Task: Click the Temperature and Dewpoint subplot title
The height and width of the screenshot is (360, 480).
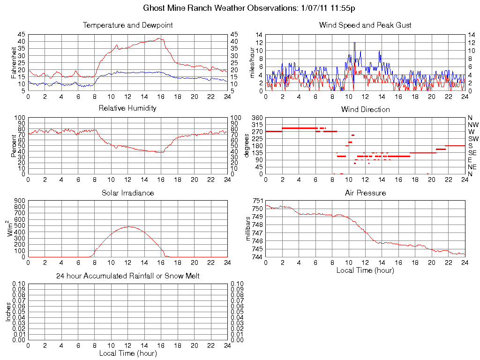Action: click(x=127, y=25)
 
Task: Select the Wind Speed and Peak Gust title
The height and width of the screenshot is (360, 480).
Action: click(x=365, y=25)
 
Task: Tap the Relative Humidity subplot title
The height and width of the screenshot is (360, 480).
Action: click(x=127, y=108)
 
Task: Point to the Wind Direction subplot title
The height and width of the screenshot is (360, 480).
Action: click(x=365, y=109)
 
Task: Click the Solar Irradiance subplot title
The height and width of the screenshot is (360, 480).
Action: click(x=127, y=193)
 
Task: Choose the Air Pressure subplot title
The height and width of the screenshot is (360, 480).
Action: click(x=365, y=193)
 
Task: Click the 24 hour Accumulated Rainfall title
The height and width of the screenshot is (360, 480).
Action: click(x=127, y=276)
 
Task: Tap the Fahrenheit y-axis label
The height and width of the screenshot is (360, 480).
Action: click(x=14, y=62)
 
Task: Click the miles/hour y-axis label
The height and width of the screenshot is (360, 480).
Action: click(x=252, y=62)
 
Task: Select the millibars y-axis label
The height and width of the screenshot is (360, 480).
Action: click(x=249, y=228)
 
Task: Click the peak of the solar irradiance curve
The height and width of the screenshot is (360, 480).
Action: click(x=128, y=226)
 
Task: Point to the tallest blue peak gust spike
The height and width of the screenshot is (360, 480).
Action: click(x=354, y=43)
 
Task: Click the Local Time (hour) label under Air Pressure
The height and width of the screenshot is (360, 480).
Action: click(x=365, y=270)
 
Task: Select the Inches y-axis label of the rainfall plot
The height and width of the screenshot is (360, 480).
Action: click(x=8, y=312)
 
